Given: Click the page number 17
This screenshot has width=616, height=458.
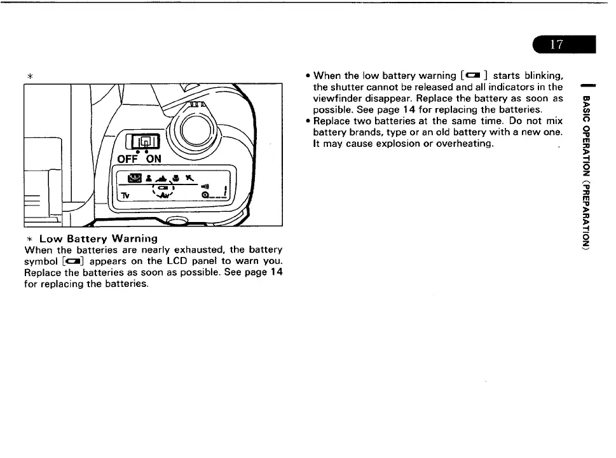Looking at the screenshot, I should [x=556, y=44].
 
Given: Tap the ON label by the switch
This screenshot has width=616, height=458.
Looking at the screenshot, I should [x=153, y=158].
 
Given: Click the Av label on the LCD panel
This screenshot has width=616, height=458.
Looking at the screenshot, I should [x=165, y=197].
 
